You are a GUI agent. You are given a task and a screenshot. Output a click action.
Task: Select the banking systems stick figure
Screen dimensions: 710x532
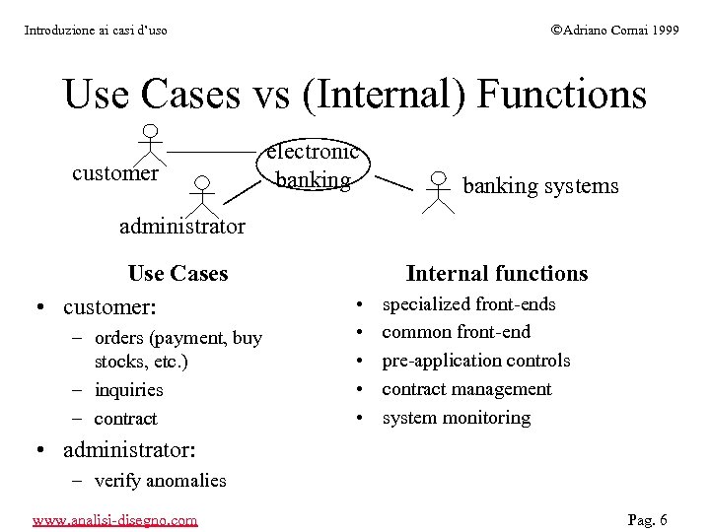tap(437, 191)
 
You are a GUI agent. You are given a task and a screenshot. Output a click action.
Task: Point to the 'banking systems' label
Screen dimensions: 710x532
tap(540, 186)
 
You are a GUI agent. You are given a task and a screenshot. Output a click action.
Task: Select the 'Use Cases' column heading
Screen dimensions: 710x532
tap(177, 274)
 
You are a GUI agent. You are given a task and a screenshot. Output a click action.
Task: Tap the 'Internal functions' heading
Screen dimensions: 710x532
tap(496, 274)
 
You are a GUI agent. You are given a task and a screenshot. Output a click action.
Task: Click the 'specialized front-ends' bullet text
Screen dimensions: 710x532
tap(468, 304)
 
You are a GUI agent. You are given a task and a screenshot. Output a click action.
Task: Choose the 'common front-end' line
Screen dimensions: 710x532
tap(456, 332)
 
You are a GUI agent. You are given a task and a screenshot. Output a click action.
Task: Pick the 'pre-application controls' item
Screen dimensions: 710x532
tap(475, 361)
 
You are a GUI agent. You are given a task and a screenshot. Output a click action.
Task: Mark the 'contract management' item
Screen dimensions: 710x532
tap(466, 389)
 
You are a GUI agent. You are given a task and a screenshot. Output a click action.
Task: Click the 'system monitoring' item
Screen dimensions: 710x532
tap(456, 418)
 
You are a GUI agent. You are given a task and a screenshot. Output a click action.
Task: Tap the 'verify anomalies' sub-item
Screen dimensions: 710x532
tap(160, 481)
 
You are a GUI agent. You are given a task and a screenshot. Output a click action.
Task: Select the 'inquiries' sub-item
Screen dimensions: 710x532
tap(128, 390)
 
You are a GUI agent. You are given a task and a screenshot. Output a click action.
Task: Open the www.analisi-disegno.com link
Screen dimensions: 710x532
tap(114, 519)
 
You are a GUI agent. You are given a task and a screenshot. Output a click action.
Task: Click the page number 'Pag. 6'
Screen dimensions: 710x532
tap(648, 519)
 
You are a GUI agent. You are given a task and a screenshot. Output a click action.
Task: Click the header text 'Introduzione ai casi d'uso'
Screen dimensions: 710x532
tap(95, 31)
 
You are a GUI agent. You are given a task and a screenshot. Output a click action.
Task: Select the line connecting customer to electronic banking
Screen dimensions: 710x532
tap(212, 153)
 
